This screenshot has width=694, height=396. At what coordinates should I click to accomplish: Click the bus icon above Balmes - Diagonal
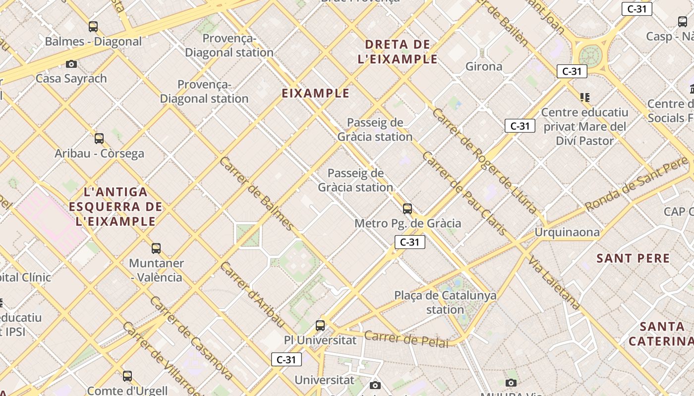tap(93, 27)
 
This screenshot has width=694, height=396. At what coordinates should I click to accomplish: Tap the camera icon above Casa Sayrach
tap(71, 64)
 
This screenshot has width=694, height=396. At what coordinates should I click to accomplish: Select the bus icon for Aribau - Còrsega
tap(99, 139)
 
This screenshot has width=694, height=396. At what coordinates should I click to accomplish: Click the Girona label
tap(484, 66)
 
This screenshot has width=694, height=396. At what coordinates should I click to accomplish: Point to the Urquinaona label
tap(567, 232)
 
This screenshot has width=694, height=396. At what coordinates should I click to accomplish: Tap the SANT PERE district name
tap(633, 258)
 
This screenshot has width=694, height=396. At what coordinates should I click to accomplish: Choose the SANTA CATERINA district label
tap(661, 334)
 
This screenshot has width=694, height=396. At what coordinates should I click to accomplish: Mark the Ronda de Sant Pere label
tap(636, 184)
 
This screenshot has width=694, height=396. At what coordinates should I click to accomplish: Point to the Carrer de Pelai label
tap(406, 339)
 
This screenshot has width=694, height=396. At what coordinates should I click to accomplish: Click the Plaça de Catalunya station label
tap(445, 302)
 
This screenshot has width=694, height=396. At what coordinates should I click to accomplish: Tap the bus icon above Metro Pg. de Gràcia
tap(407, 209)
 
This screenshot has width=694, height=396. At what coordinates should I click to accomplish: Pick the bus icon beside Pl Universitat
tap(320, 326)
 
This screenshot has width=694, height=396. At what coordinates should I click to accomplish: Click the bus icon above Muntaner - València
tap(156, 248)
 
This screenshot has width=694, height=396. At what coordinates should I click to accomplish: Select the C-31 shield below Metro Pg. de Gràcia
tap(410, 242)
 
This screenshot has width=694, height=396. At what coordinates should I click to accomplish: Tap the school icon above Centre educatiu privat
tap(585, 98)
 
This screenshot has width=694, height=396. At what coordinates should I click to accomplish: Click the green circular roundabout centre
tap(590, 55)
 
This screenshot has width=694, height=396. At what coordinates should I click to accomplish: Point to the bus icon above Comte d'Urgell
tap(127, 376)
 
